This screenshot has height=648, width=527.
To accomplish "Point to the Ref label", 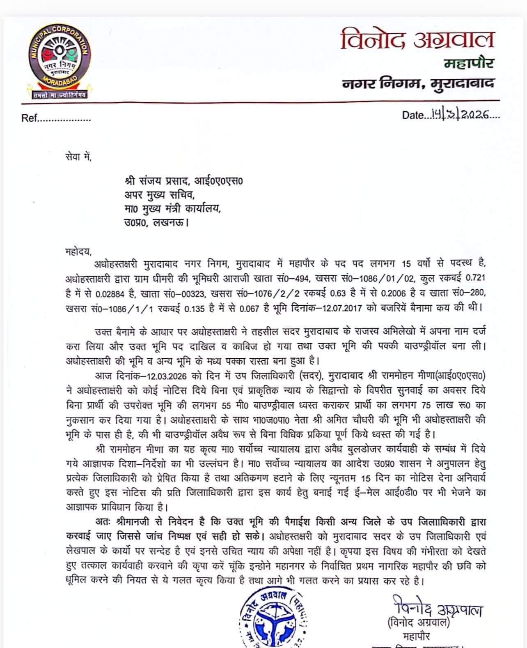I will [x=29, y=119].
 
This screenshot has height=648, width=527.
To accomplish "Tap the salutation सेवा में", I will [x=78, y=157].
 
